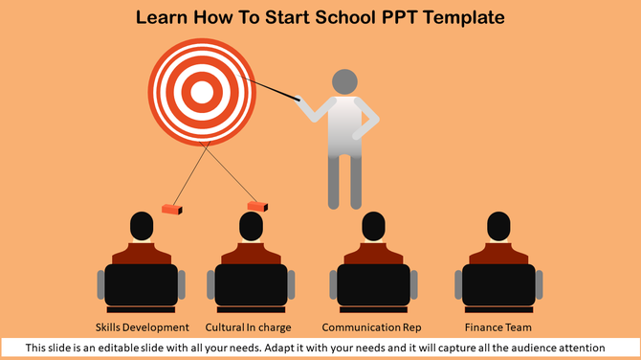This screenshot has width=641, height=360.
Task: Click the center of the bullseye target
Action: (x=202, y=91)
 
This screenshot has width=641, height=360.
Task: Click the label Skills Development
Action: (x=143, y=327)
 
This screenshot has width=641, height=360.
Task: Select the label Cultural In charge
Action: (x=248, y=327)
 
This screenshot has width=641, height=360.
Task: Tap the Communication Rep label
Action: (x=371, y=327)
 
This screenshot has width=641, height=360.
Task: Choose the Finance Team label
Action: (x=497, y=327)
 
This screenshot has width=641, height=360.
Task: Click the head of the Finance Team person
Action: (x=498, y=227)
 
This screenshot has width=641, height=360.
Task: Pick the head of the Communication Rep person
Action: (x=373, y=227)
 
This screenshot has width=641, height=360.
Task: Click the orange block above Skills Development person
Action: (x=172, y=208)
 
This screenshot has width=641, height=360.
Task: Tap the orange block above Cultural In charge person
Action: (x=256, y=205)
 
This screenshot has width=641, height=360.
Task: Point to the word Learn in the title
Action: (x=162, y=17)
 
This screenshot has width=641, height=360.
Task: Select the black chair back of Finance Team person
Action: (x=498, y=284)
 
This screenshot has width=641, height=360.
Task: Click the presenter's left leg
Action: (x=334, y=182)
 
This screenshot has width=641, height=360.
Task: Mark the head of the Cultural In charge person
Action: (x=251, y=227)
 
